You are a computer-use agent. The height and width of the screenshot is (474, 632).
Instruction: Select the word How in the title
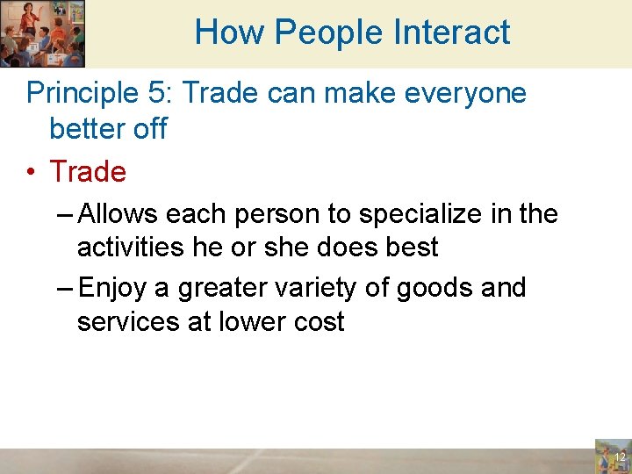pyautogui.click(x=229, y=32)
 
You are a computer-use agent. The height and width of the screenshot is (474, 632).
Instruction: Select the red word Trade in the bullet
pyautogui.click(x=88, y=171)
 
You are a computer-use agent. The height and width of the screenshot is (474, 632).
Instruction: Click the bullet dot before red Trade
pyautogui.click(x=32, y=172)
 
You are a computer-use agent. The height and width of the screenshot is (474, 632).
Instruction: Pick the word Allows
pyautogui.click(x=118, y=213)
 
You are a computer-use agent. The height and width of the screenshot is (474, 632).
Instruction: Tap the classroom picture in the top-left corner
pyautogui.click(x=42, y=33)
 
